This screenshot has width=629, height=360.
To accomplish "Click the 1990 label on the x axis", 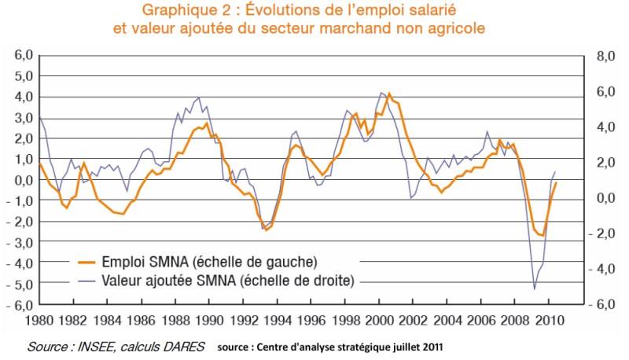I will coord(210,321).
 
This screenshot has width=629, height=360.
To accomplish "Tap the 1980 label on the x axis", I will coord(38,321).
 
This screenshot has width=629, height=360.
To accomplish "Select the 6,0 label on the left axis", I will coord(20,56).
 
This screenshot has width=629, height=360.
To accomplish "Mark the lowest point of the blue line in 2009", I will coord(535,288).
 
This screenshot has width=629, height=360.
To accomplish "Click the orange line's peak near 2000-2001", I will coord(388,93).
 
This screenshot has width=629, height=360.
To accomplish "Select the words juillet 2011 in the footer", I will coord(417,346).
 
